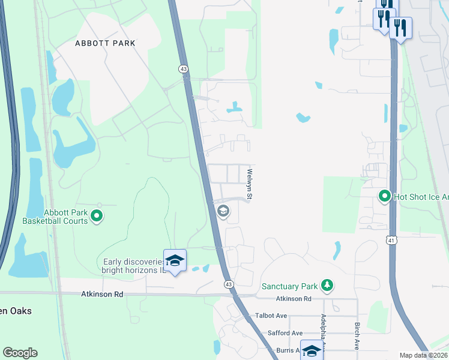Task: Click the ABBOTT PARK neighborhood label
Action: (x=105, y=43)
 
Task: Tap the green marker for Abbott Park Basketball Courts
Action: (x=96, y=216)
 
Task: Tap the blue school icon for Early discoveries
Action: (x=175, y=260)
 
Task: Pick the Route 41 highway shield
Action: (x=391, y=240)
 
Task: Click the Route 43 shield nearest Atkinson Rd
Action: (x=228, y=283)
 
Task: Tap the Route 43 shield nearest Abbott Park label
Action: (x=183, y=69)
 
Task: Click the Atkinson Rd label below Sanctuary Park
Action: (x=294, y=299)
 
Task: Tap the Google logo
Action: (x=20, y=353)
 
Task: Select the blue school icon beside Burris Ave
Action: (x=312, y=350)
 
